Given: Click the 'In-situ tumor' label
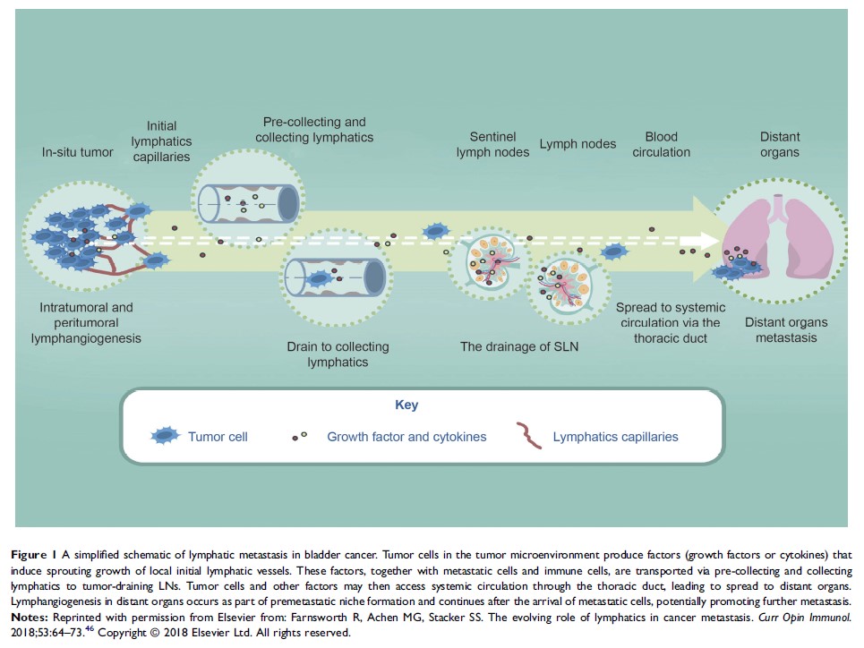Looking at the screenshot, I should pyautogui.click(x=79, y=152).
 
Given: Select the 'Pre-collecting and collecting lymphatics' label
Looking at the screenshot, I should pyautogui.click(x=314, y=130).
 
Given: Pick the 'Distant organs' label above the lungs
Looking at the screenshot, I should pyautogui.click(x=780, y=144).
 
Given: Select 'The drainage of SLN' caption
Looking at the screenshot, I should pyautogui.click(x=519, y=345).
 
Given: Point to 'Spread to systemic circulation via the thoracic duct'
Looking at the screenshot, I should pyautogui.click(x=668, y=323).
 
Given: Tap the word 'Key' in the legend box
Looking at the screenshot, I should pyautogui.click(x=406, y=405).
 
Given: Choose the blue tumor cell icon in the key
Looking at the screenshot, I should pyautogui.click(x=166, y=437).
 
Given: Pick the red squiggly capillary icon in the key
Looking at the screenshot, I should pyautogui.click(x=530, y=437).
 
